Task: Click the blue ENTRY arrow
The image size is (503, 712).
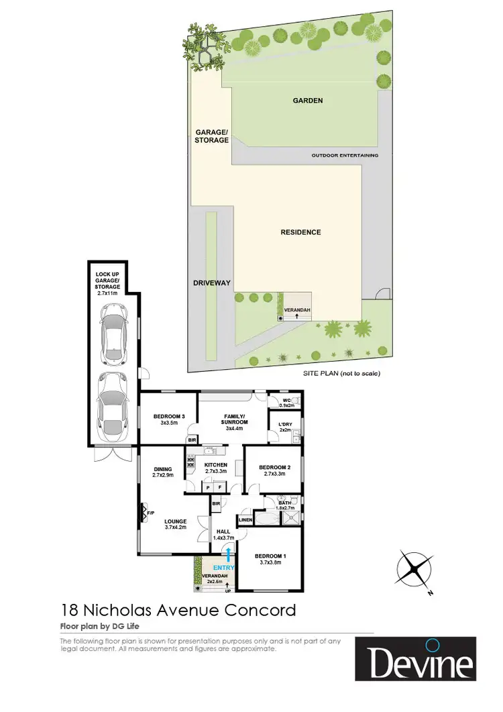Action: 229,554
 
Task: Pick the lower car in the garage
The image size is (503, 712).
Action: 113,405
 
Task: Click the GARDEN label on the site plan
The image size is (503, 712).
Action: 307,101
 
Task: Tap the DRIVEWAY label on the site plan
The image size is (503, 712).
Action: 212,283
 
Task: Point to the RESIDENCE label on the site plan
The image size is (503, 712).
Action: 300,232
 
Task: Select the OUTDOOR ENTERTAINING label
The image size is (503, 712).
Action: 345,155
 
